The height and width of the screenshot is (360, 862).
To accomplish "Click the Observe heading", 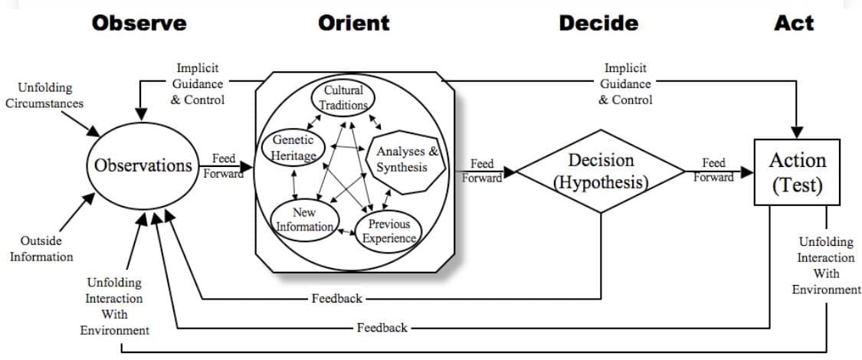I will click(x=139, y=23).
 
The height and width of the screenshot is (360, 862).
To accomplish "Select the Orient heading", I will click(x=353, y=23).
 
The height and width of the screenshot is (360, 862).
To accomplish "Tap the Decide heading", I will click(x=598, y=23).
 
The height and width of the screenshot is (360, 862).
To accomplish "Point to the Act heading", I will click(x=794, y=23).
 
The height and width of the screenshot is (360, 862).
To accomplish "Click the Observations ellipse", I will click(x=143, y=165).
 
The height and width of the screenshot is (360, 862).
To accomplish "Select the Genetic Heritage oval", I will click(x=293, y=148).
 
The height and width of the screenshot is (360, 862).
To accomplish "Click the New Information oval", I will click(x=303, y=219).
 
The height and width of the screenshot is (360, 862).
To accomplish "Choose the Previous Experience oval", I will click(x=388, y=231).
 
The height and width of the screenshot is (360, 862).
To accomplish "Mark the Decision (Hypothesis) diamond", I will click(x=601, y=171).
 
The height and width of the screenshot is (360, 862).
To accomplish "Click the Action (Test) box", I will click(x=797, y=172).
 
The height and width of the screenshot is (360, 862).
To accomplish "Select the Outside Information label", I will click(x=41, y=248).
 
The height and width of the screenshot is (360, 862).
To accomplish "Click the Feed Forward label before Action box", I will click(x=713, y=170).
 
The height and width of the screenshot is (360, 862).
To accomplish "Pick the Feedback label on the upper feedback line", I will click(x=336, y=298).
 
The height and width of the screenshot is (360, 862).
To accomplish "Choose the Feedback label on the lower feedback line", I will click(x=382, y=328).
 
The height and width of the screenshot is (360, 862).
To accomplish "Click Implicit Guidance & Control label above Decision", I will click(x=625, y=84).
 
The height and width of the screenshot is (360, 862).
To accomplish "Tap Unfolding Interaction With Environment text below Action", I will click(x=826, y=266).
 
